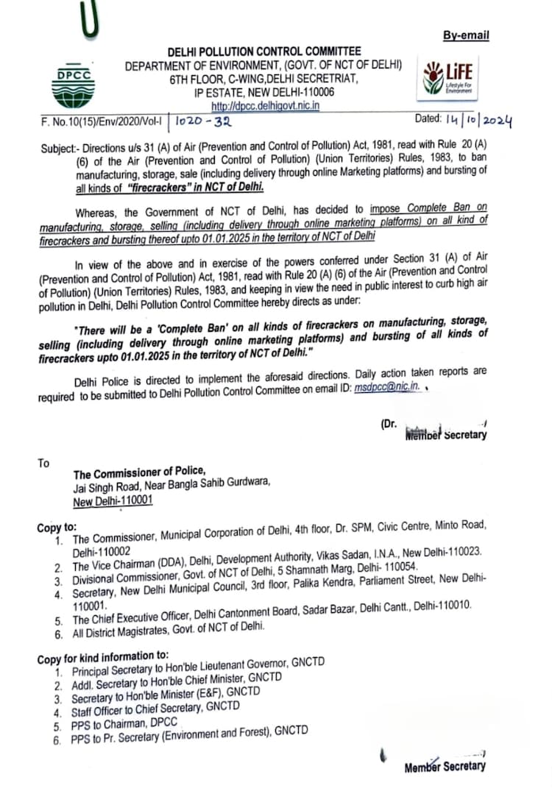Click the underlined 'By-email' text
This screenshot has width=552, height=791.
[466, 35]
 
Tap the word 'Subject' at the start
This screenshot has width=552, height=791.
[58, 146]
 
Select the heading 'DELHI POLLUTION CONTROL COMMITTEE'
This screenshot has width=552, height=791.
[264, 52]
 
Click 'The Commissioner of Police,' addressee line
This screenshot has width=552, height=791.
[139, 472]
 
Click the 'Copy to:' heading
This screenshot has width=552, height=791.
[57, 528]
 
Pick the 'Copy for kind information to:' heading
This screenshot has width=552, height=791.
[103, 657]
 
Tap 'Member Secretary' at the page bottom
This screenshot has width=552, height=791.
[445, 767]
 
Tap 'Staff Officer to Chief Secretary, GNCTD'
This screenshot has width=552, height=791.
[155, 709]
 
